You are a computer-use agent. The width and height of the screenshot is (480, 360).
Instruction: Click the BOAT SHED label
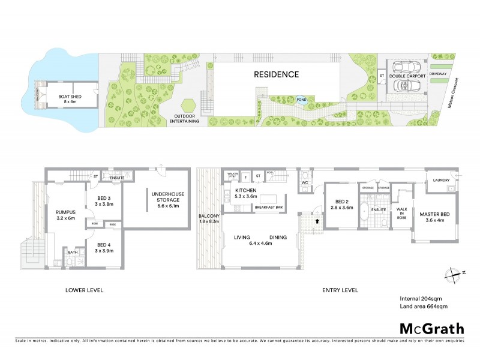70,98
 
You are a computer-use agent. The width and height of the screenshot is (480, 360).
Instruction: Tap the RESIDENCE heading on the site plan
275,75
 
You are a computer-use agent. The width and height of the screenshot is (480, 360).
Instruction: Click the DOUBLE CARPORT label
404,76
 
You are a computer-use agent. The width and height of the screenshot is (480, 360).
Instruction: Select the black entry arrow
317,220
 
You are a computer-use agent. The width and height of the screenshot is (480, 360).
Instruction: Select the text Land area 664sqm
424,307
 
